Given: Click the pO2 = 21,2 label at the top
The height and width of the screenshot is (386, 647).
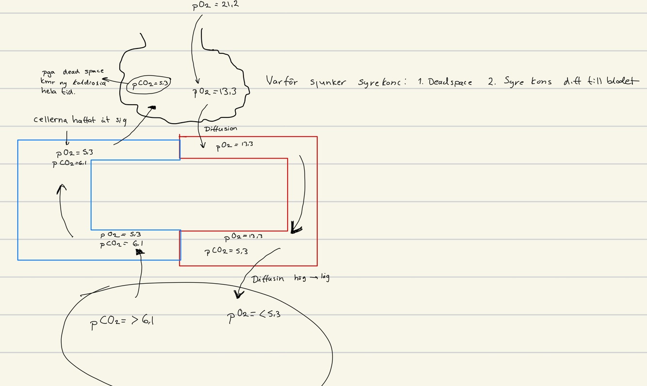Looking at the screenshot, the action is pos(216,5).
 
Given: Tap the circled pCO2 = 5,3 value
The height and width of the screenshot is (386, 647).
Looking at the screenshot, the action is pos(149,84).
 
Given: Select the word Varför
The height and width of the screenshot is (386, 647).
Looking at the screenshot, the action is pos(281,80).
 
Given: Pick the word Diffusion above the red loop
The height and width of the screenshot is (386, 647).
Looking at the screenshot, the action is pos(221,129).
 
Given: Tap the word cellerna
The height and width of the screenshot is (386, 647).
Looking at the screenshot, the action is pos(52,119).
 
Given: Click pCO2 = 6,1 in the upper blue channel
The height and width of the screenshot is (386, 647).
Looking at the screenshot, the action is pos(69,163).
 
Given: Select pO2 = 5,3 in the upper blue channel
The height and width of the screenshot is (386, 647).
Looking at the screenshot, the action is pos(75,153).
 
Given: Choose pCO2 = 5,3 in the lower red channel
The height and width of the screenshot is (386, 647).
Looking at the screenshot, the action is pos(226,251).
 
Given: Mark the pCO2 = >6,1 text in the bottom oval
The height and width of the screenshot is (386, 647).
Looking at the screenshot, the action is pos(122,321).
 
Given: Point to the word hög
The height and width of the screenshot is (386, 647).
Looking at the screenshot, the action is pos(301,278).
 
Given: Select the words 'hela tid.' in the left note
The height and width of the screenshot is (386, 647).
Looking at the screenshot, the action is pos(58,91).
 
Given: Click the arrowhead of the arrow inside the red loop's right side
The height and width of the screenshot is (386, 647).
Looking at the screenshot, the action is pos(295,227).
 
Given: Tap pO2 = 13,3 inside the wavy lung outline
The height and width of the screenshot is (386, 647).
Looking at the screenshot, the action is pos(214,91).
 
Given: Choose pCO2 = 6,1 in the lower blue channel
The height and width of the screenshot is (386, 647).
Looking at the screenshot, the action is pos(121,244).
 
